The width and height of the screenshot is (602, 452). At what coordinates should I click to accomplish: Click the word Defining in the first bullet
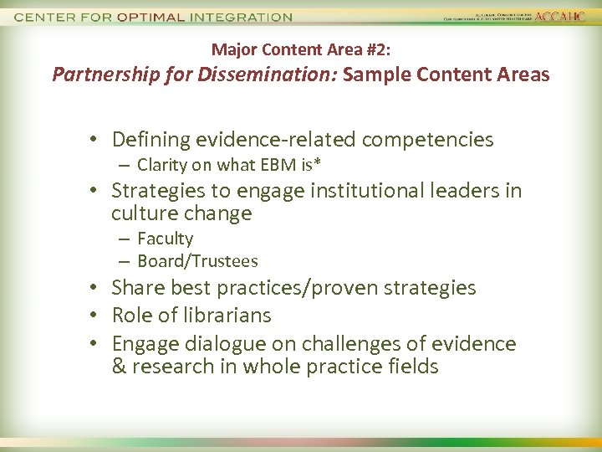pyautogui.click(x=145, y=139)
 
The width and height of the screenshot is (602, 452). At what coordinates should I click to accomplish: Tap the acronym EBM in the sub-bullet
pyautogui.click(x=277, y=164)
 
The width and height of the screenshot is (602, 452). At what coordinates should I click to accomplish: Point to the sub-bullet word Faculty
pyautogui.click(x=165, y=239)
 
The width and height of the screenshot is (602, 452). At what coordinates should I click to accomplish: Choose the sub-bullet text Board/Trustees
pyautogui.click(x=197, y=261)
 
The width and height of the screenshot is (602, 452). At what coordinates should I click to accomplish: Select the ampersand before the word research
pyautogui.click(x=118, y=367)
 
